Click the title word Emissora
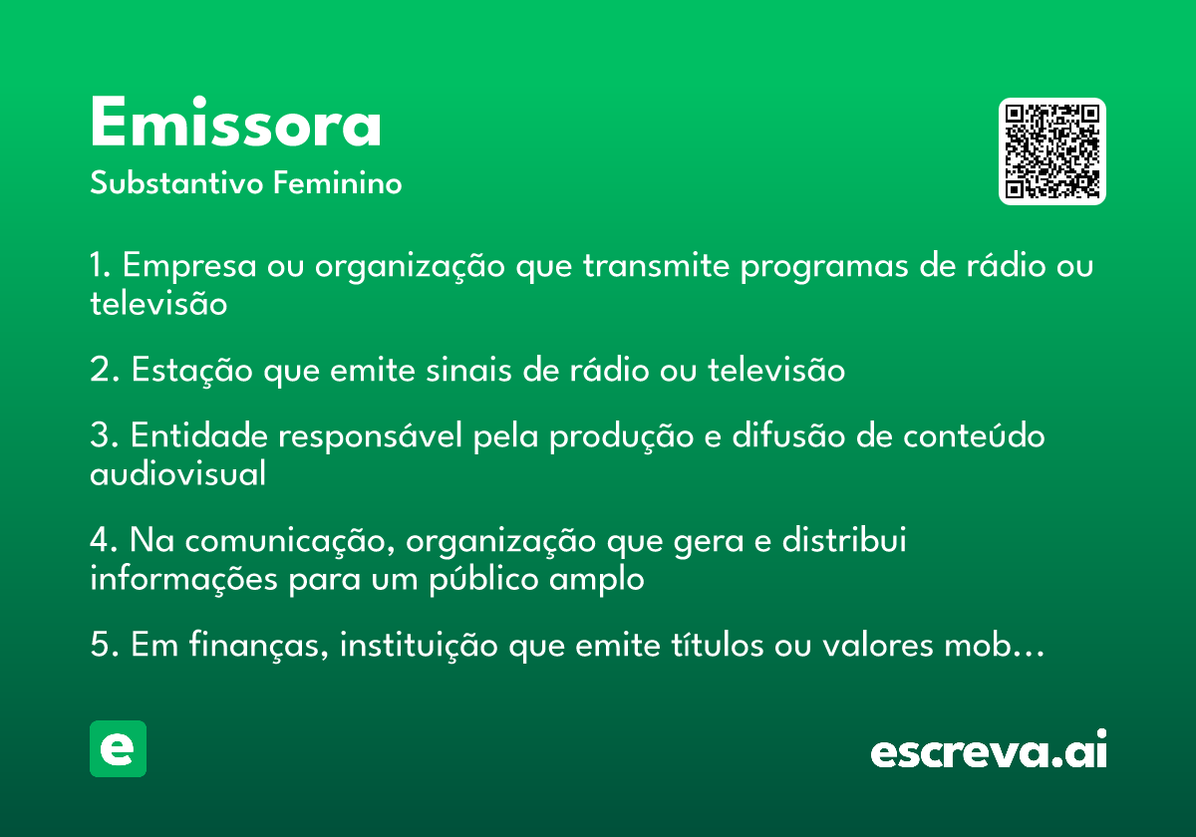tap(235, 122)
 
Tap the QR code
tap(1051, 151)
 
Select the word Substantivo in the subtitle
tap(176, 183)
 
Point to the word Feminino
tap(338, 182)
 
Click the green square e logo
tap(118, 748)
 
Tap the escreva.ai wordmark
tap(989, 749)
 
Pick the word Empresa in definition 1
tap(189, 266)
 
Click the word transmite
tap(656, 265)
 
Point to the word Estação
tap(191, 371)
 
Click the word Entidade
tap(199, 435)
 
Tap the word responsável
tap(370, 436)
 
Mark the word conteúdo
tap(974, 435)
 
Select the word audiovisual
tap(177, 473)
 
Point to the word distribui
tap(844, 539)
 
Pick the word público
tap(483, 579)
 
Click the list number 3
tap(103, 435)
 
